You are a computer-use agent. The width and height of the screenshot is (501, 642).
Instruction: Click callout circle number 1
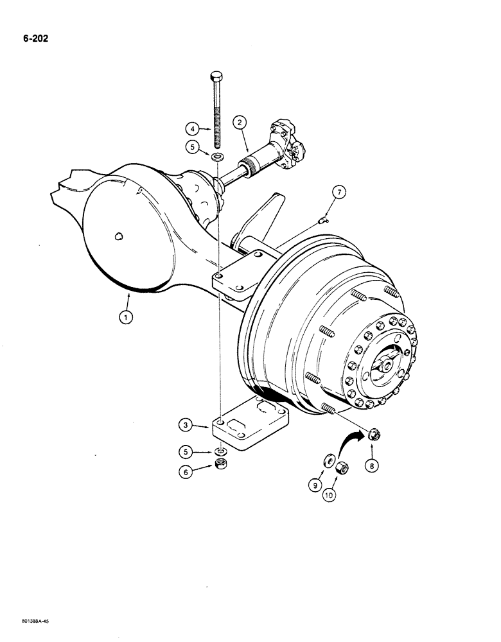click(126, 316)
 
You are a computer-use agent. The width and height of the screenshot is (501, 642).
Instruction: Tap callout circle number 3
click(185, 425)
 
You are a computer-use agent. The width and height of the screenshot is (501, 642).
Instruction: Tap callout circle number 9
click(315, 486)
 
